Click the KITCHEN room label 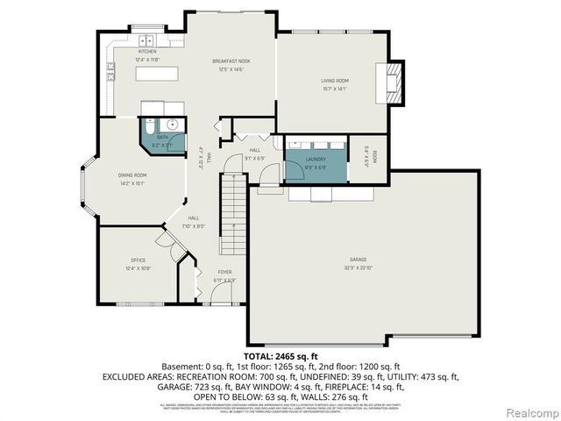click(x=146, y=52)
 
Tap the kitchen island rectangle click(x=163, y=75)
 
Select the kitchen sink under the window click(x=145, y=39)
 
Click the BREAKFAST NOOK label click(x=231, y=61)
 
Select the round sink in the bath click(x=174, y=125)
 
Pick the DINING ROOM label click(x=133, y=176)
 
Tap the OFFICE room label click(x=138, y=260)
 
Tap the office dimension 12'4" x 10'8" click(x=138, y=267)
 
